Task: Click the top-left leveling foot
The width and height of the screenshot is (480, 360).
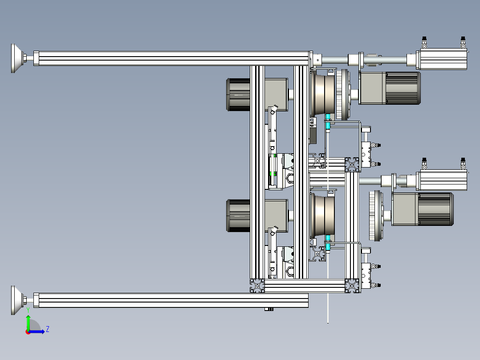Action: point(18,58)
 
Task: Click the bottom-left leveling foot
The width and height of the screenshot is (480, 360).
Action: point(18,300)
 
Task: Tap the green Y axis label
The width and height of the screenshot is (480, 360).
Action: point(28,310)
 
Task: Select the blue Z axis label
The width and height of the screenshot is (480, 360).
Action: point(48,329)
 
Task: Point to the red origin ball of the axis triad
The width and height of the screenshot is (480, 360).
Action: point(28,332)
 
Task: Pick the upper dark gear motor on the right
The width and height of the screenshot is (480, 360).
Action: point(389,88)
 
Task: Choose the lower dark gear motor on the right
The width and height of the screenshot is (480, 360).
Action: point(423,209)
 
